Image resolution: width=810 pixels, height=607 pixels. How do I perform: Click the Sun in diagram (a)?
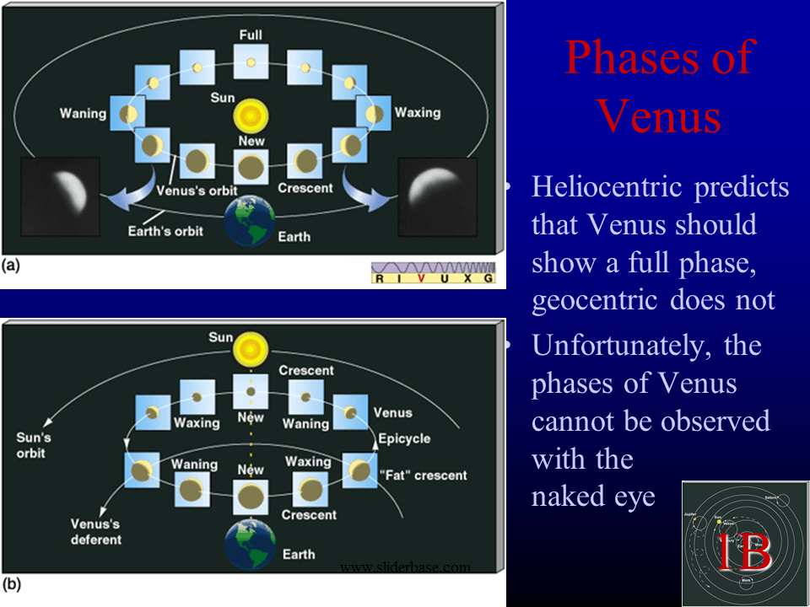[x=251, y=115]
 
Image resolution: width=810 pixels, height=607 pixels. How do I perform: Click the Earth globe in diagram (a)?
[x=250, y=222]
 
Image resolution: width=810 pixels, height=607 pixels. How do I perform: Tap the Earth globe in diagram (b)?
[x=250, y=544]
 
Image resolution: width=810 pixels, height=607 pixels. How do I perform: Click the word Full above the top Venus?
[x=251, y=36]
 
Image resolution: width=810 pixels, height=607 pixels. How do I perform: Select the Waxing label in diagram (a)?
[x=418, y=112]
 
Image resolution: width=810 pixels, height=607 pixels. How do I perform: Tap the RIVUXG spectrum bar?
[x=434, y=272]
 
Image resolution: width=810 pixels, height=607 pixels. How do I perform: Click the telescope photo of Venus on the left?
[x=61, y=196]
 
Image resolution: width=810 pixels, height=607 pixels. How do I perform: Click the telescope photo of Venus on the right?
[x=436, y=196]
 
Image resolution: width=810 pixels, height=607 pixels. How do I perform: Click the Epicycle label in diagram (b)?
[x=404, y=438]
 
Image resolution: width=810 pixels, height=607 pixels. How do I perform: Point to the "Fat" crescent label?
[x=425, y=475]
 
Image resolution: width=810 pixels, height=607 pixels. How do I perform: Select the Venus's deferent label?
[x=95, y=532]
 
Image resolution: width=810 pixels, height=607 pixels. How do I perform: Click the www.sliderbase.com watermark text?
[x=405, y=567]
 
